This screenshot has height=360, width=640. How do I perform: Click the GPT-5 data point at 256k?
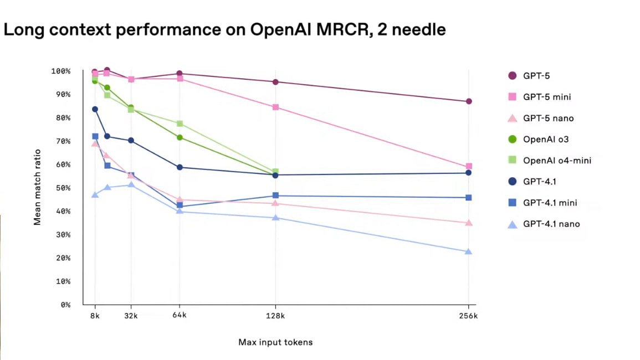[x=469, y=101]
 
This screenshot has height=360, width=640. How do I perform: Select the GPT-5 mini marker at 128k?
[x=275, y=107]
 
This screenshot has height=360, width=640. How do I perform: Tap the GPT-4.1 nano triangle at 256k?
[x=469, y=251]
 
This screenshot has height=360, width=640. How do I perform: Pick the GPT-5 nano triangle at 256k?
[x=469, y=223]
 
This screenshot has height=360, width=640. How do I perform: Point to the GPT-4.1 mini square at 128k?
[x=275, y=196]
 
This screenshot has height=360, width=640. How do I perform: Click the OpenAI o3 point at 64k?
[x=180, y=137]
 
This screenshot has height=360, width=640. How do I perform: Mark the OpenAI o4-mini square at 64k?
[x=180, y=124]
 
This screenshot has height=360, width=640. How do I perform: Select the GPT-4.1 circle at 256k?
[x=469, y=173]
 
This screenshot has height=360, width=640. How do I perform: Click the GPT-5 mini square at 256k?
[x=469, y=166]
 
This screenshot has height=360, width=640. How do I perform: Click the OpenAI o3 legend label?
[x=546, y=140]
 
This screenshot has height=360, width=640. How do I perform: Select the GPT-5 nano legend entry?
[x=548, y=119]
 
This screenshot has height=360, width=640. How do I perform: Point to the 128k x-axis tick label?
[x=275, y=316]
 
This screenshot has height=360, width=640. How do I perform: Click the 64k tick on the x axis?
[x=180, y=316]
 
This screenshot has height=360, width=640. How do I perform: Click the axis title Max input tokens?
[x=275, y=342]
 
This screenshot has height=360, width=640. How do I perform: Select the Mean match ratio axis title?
[x=38, y=187]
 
